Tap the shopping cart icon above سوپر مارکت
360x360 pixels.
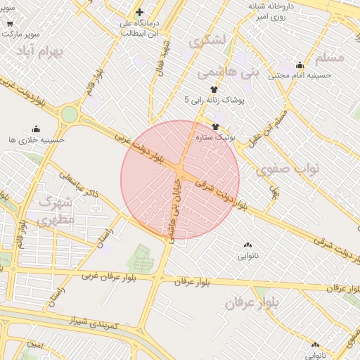point(9,22)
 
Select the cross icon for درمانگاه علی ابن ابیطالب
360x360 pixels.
point(140,12)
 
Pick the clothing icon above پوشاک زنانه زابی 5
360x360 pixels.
point(213,89)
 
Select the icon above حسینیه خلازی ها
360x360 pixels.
point(36,129)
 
